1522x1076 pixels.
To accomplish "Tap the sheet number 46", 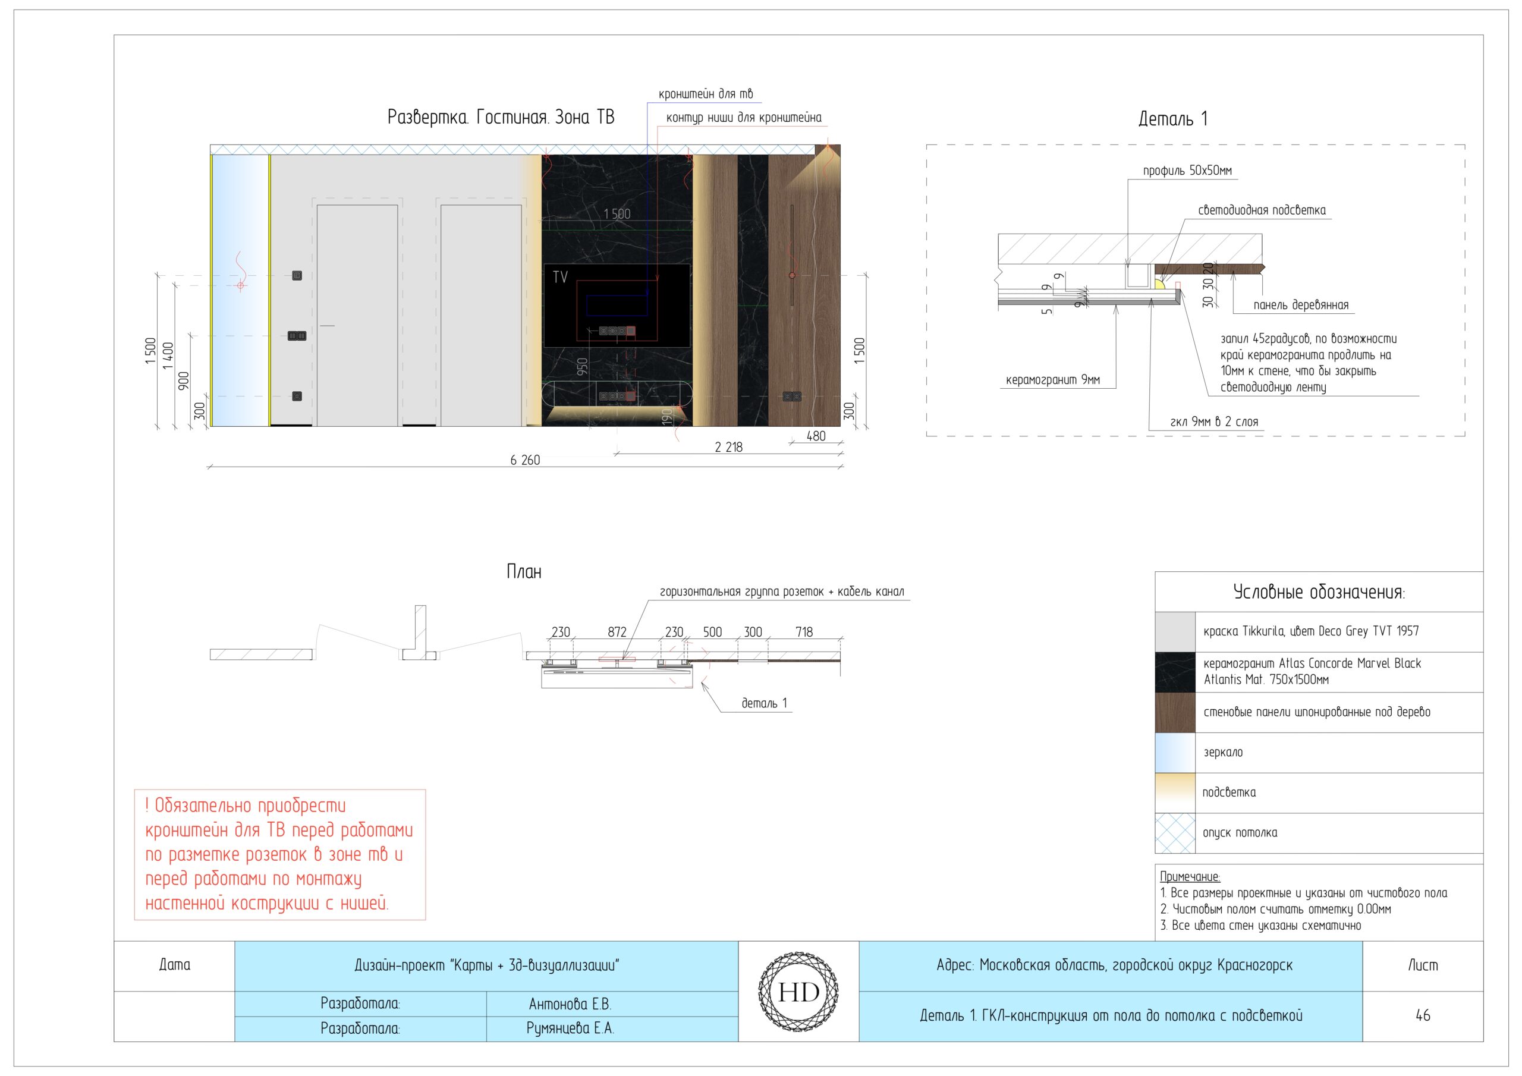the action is (x=1423, y=1015).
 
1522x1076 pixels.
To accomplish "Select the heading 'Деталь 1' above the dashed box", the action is (x=1172, y=119).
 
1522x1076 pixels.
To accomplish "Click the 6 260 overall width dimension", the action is (x=525, y=460).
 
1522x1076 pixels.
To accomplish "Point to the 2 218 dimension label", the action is (x=728, y=448).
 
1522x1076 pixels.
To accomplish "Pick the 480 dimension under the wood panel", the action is (x=816, y=436).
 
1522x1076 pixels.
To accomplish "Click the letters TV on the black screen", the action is (x=560, y=277).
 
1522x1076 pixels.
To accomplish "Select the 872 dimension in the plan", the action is (x=617, y=632).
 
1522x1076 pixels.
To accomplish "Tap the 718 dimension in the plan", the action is (x=804, y=632).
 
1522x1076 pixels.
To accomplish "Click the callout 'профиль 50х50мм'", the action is (x=1187, y=171).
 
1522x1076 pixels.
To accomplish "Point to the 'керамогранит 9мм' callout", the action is (x=1053, y=380).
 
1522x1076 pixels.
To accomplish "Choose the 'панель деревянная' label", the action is (x=1301, y=305).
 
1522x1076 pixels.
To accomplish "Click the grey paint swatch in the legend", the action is (x=1175, y=632).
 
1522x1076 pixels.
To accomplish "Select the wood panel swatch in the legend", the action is (x=1175, y=713).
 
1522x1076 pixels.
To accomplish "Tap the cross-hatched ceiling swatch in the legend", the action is (x=1175, y=833).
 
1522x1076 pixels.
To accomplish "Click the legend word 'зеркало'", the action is (x=1223, y=753).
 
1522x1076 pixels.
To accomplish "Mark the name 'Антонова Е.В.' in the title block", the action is (x=570, y=1005).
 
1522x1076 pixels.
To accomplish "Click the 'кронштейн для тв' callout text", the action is (x=705, y=94).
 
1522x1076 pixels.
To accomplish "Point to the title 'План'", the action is (x=524, y=571).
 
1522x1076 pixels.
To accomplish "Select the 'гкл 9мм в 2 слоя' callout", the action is (x=1214, y=421).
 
